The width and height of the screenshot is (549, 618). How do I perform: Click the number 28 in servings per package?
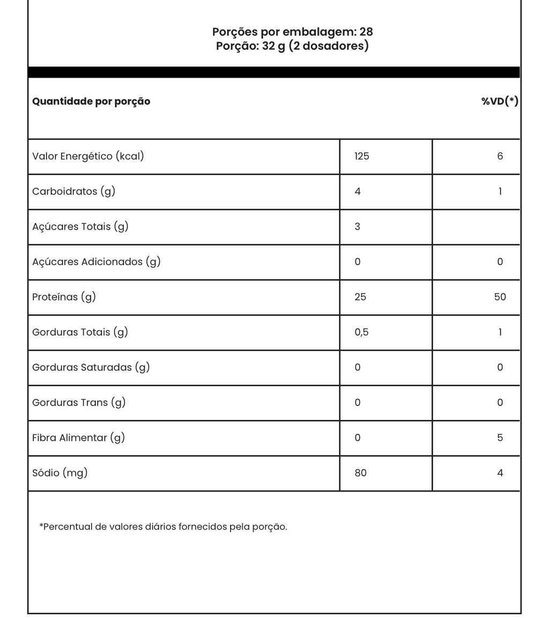(366, 32)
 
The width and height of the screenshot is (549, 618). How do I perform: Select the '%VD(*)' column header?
(499, 101)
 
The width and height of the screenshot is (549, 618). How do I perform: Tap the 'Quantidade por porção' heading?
(91, 101)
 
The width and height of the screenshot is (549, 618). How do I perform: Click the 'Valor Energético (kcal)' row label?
(88, 156)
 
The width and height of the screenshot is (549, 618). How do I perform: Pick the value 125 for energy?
(362, 156)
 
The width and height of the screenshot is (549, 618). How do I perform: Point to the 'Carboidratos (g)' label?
(73, 192)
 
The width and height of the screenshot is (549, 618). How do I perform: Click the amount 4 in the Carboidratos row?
(358, 192)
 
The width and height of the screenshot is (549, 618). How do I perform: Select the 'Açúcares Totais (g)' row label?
(80, 227)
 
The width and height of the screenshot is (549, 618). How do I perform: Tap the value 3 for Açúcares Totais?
(358, 227)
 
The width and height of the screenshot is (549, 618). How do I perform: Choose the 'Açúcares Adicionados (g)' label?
(97, 262)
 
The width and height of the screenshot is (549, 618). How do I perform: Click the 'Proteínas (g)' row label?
(64, 297)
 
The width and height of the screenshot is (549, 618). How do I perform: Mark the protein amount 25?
(360, 297)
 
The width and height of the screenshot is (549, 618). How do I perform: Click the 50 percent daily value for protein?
(500, 297)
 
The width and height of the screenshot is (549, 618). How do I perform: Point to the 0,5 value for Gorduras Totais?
(362, 333)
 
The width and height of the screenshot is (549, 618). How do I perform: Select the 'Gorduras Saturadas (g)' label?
(91, 367)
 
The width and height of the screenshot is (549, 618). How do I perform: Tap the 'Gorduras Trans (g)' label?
(79, 403)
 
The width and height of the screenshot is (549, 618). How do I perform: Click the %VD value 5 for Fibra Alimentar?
(500, 438)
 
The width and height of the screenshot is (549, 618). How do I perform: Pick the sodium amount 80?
(361, 473)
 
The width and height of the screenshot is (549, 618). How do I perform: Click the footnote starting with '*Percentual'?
(163, 527)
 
